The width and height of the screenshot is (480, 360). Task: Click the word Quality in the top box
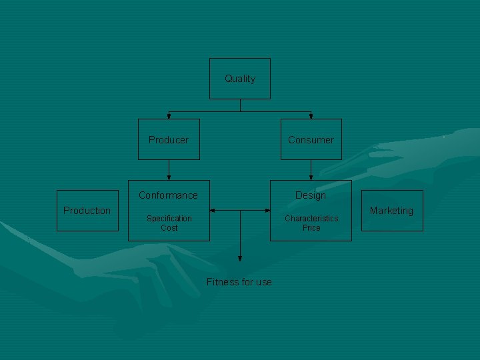click(x=240, y=79)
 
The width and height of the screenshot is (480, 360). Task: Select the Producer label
click(x=169, y=140)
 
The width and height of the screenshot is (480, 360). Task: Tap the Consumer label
click(x=311, y=140)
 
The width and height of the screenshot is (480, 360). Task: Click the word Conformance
click(x=168, y=195)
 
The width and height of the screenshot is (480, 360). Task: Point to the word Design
click(x=311, y=195)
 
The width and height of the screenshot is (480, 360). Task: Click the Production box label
click(x=87, y=211)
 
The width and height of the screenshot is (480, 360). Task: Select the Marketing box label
click(x=391, y=211)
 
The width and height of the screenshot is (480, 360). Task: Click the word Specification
click(x=169, y=219)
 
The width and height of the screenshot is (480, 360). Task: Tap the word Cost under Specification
click(x=169, y=228)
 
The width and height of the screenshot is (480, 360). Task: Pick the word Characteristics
click(x=311, y=219)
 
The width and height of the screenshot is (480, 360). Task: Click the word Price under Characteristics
click(x=311, y=228)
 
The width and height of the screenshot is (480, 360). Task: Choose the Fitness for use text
click(x=239, y=282)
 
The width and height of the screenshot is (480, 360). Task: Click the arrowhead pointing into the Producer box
click(x=169, y=116)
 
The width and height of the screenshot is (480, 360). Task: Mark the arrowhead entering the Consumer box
click(x=311, y=116)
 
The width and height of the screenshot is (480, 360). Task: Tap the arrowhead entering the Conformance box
click(x=169, y=177)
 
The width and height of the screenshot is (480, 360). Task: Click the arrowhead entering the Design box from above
click(x=311, y=177)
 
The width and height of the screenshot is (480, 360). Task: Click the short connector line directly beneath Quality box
click(x=240, y=105)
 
